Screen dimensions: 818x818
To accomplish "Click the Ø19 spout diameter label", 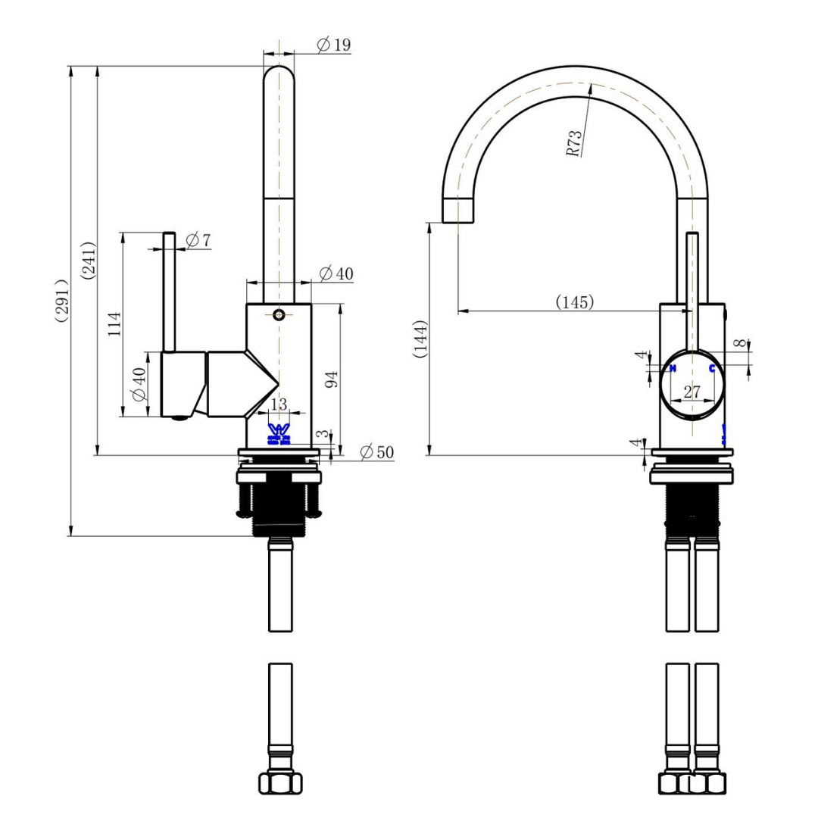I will pyautogui.click(x=334, y=45).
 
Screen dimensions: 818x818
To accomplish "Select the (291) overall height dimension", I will pyautogui.click(x=63, y=301).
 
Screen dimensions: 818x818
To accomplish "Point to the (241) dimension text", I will pyautogui.click(x=89, y=261).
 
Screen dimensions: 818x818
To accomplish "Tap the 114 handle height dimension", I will pyautogui.click(x=114, y=324).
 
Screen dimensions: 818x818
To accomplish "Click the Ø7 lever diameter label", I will pyautogui.click(x=198, y=241).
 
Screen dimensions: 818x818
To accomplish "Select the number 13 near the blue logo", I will pyautogui.click(x=279, y=404).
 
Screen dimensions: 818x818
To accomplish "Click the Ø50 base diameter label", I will pyautogui.click(x=376, y=452).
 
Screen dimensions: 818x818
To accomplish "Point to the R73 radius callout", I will pyautogui.click(x=575, y=142).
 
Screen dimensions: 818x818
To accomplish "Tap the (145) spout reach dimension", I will pyautogui.click(x=575, y=302).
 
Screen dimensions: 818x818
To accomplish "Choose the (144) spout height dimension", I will pyautogui.click(x=421, y=339).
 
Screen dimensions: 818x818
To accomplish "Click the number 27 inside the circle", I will pyautogui.click(x=692, y=392).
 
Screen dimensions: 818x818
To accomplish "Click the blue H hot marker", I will pyautogui.click(x=672, y=368).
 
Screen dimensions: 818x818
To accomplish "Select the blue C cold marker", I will pyautogui.click(x=712, y=368).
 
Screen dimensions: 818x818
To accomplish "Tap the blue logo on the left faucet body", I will pyautogui.click(x=279, y=434).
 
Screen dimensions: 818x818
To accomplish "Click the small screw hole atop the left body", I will pyautogui.click(x=279, y=314).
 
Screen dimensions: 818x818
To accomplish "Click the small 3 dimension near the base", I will pyautogui.click(x=322, y=435).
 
